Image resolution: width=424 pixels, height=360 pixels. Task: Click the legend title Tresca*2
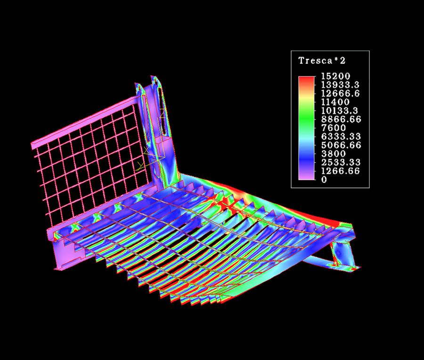click(322, 61)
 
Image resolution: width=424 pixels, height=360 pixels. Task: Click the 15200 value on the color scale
click(335, 76)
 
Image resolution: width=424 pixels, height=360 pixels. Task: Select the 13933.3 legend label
click(340, 85)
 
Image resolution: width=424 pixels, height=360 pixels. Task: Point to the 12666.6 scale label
click(340, 94)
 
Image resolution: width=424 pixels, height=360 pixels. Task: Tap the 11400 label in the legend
click(335, 102)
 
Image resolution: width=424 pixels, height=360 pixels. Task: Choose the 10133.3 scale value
click(340, 111)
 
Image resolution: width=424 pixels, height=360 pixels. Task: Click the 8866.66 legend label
click(341, 120)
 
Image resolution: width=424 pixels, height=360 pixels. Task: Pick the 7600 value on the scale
click(334, 128)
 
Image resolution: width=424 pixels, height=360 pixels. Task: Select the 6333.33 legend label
click(341, 136)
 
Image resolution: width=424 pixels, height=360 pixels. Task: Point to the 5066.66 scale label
click(341, 145)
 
